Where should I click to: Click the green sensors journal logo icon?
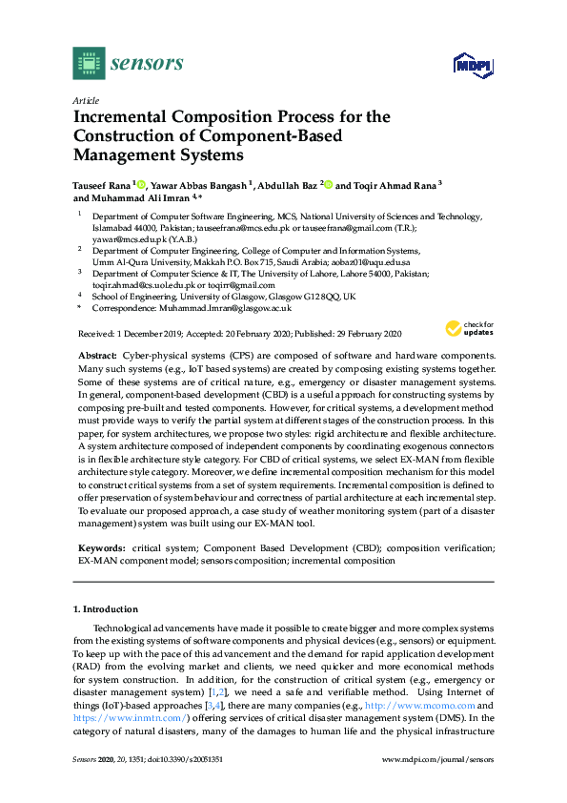tap(89, 63)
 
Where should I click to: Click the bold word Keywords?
tap(99, 549)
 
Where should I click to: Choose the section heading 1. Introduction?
tap(105, 608)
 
